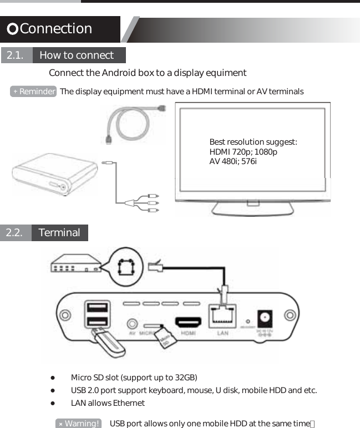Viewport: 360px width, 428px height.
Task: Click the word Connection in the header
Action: (55, 29)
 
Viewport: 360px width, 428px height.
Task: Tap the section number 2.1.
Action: (15, 55)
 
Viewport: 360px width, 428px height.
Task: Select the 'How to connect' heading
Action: (77, 55)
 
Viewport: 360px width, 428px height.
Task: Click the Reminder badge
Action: (34, 91)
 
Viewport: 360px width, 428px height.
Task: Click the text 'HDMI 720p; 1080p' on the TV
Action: (243, 152)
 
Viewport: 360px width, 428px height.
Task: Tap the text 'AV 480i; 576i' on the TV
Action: (232, 161)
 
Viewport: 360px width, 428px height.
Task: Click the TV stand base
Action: (253, 208)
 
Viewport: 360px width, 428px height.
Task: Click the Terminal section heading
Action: (59, 233)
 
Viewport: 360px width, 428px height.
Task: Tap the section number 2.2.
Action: (14, 233)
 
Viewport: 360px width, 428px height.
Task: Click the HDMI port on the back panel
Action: (187, 322)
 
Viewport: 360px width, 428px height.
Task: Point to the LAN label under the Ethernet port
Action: (222, 333)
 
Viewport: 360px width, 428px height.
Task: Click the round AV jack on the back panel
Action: (132, 323)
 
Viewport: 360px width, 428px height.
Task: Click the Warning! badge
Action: (79, 424)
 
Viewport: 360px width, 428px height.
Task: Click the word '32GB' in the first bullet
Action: (186, 378)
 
